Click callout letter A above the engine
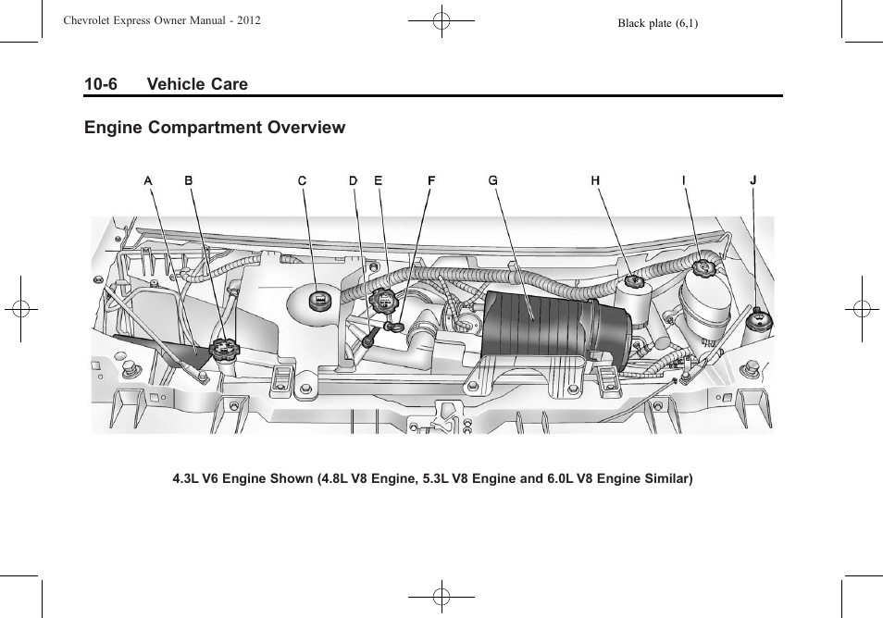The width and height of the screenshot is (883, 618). click(148, 181)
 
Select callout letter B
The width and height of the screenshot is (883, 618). click(189, 181)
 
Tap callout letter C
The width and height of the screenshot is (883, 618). click(302, 181)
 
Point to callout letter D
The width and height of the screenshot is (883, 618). click(354, 181)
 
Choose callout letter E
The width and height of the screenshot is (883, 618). click(378, 181)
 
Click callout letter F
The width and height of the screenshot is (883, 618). click(431, 181)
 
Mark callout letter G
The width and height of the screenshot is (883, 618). click(493, 181)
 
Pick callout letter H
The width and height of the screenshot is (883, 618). click(596, 181)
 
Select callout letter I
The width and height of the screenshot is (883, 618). click(684, 181)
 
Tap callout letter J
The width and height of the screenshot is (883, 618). click(752, 181)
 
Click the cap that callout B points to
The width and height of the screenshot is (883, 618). click(224, 351)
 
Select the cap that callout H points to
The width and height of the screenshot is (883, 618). click(634, 279)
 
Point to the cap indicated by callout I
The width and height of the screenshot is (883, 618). click(703, 269)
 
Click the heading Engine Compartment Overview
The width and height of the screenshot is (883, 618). click(215, 128)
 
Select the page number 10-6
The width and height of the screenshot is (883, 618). click(101, 84)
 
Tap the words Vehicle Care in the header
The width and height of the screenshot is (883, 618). click(196, 84)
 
